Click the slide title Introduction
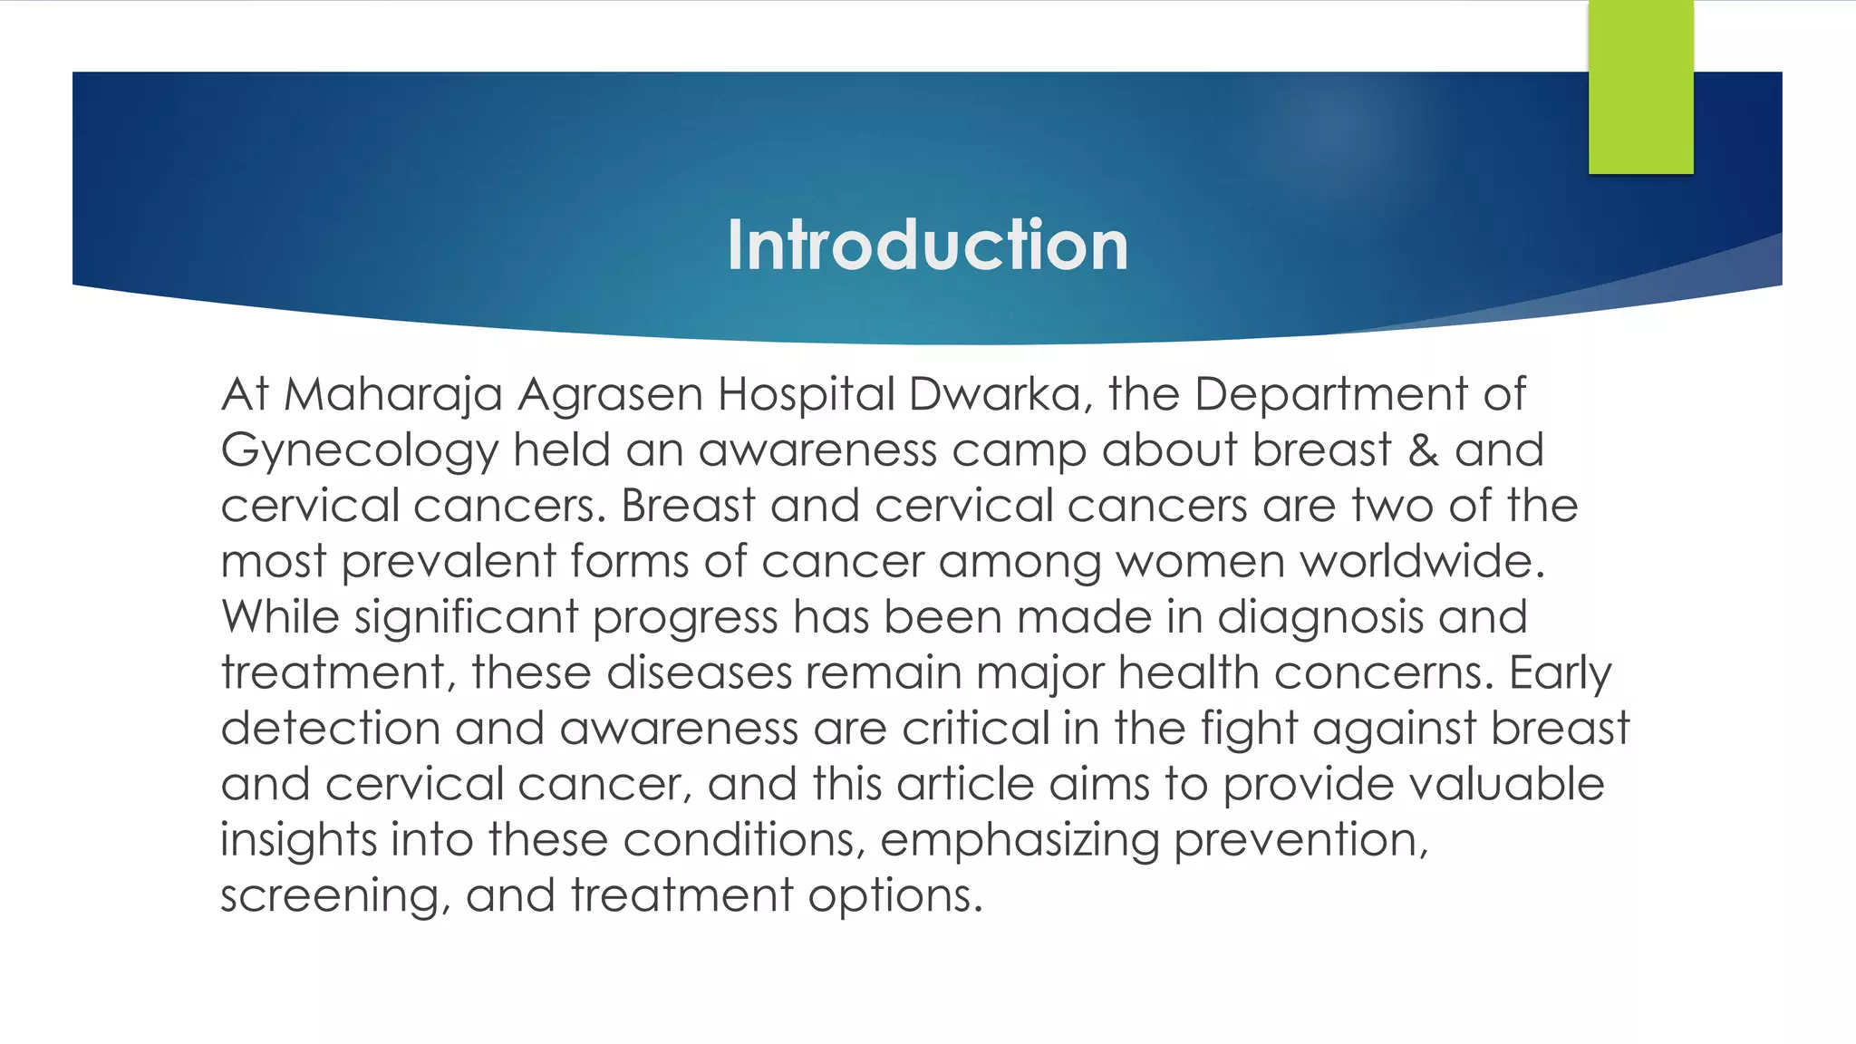pyautogui.click(x=927, y=245)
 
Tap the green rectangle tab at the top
pyautogui.click(x=1640, y=87)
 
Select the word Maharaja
pyautogui.click(x=392, y=395)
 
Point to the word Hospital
pyautogui.click(x=806, y=395)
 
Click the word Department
pyautogui.click(x=1330, y=395)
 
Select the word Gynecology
pyautogui.click(x=360, y=451)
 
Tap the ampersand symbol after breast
pyautogui.click(x=1423, y=450)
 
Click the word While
pyautogui.click(x=280, y=617)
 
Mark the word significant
pyautogui.click(x=466, y=618)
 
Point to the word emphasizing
pyautogui.click(x=1020, y=840)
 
